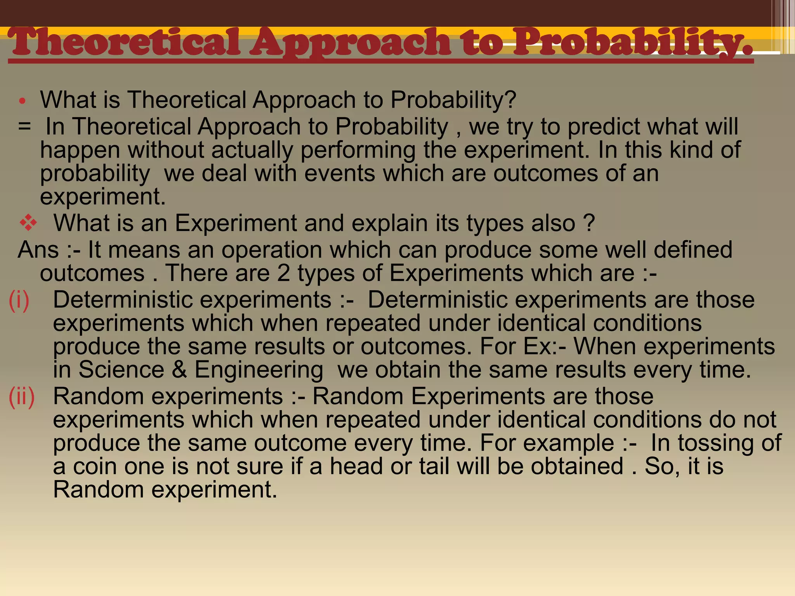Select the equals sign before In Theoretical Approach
coord(24,127)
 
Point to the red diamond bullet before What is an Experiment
coord(28,223)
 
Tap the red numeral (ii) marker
coord(22,397)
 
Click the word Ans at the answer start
coord(38,249)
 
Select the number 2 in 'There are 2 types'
coord(283,273)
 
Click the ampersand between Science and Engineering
coord(179,369)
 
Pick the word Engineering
coord(259,370)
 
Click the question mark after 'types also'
coord(589,223)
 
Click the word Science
coord(121,369)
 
